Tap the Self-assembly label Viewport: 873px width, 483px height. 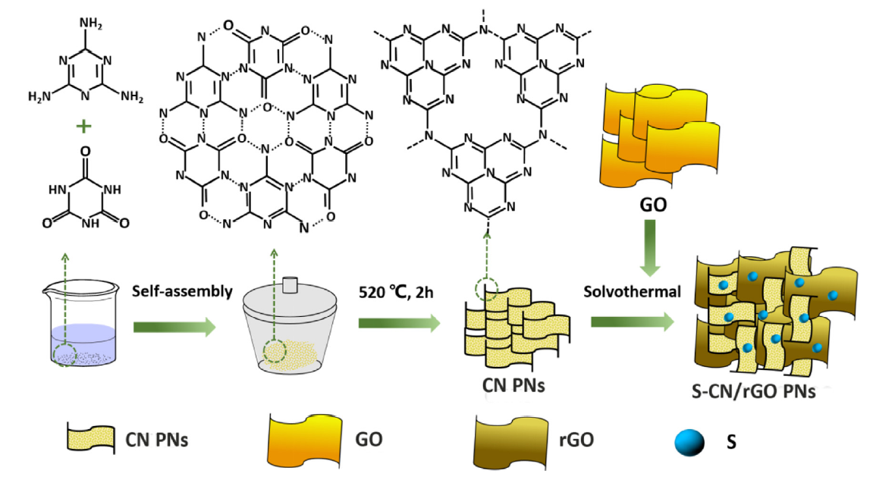178,290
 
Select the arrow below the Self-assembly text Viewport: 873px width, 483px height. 174,327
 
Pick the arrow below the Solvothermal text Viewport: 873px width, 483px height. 632,324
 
